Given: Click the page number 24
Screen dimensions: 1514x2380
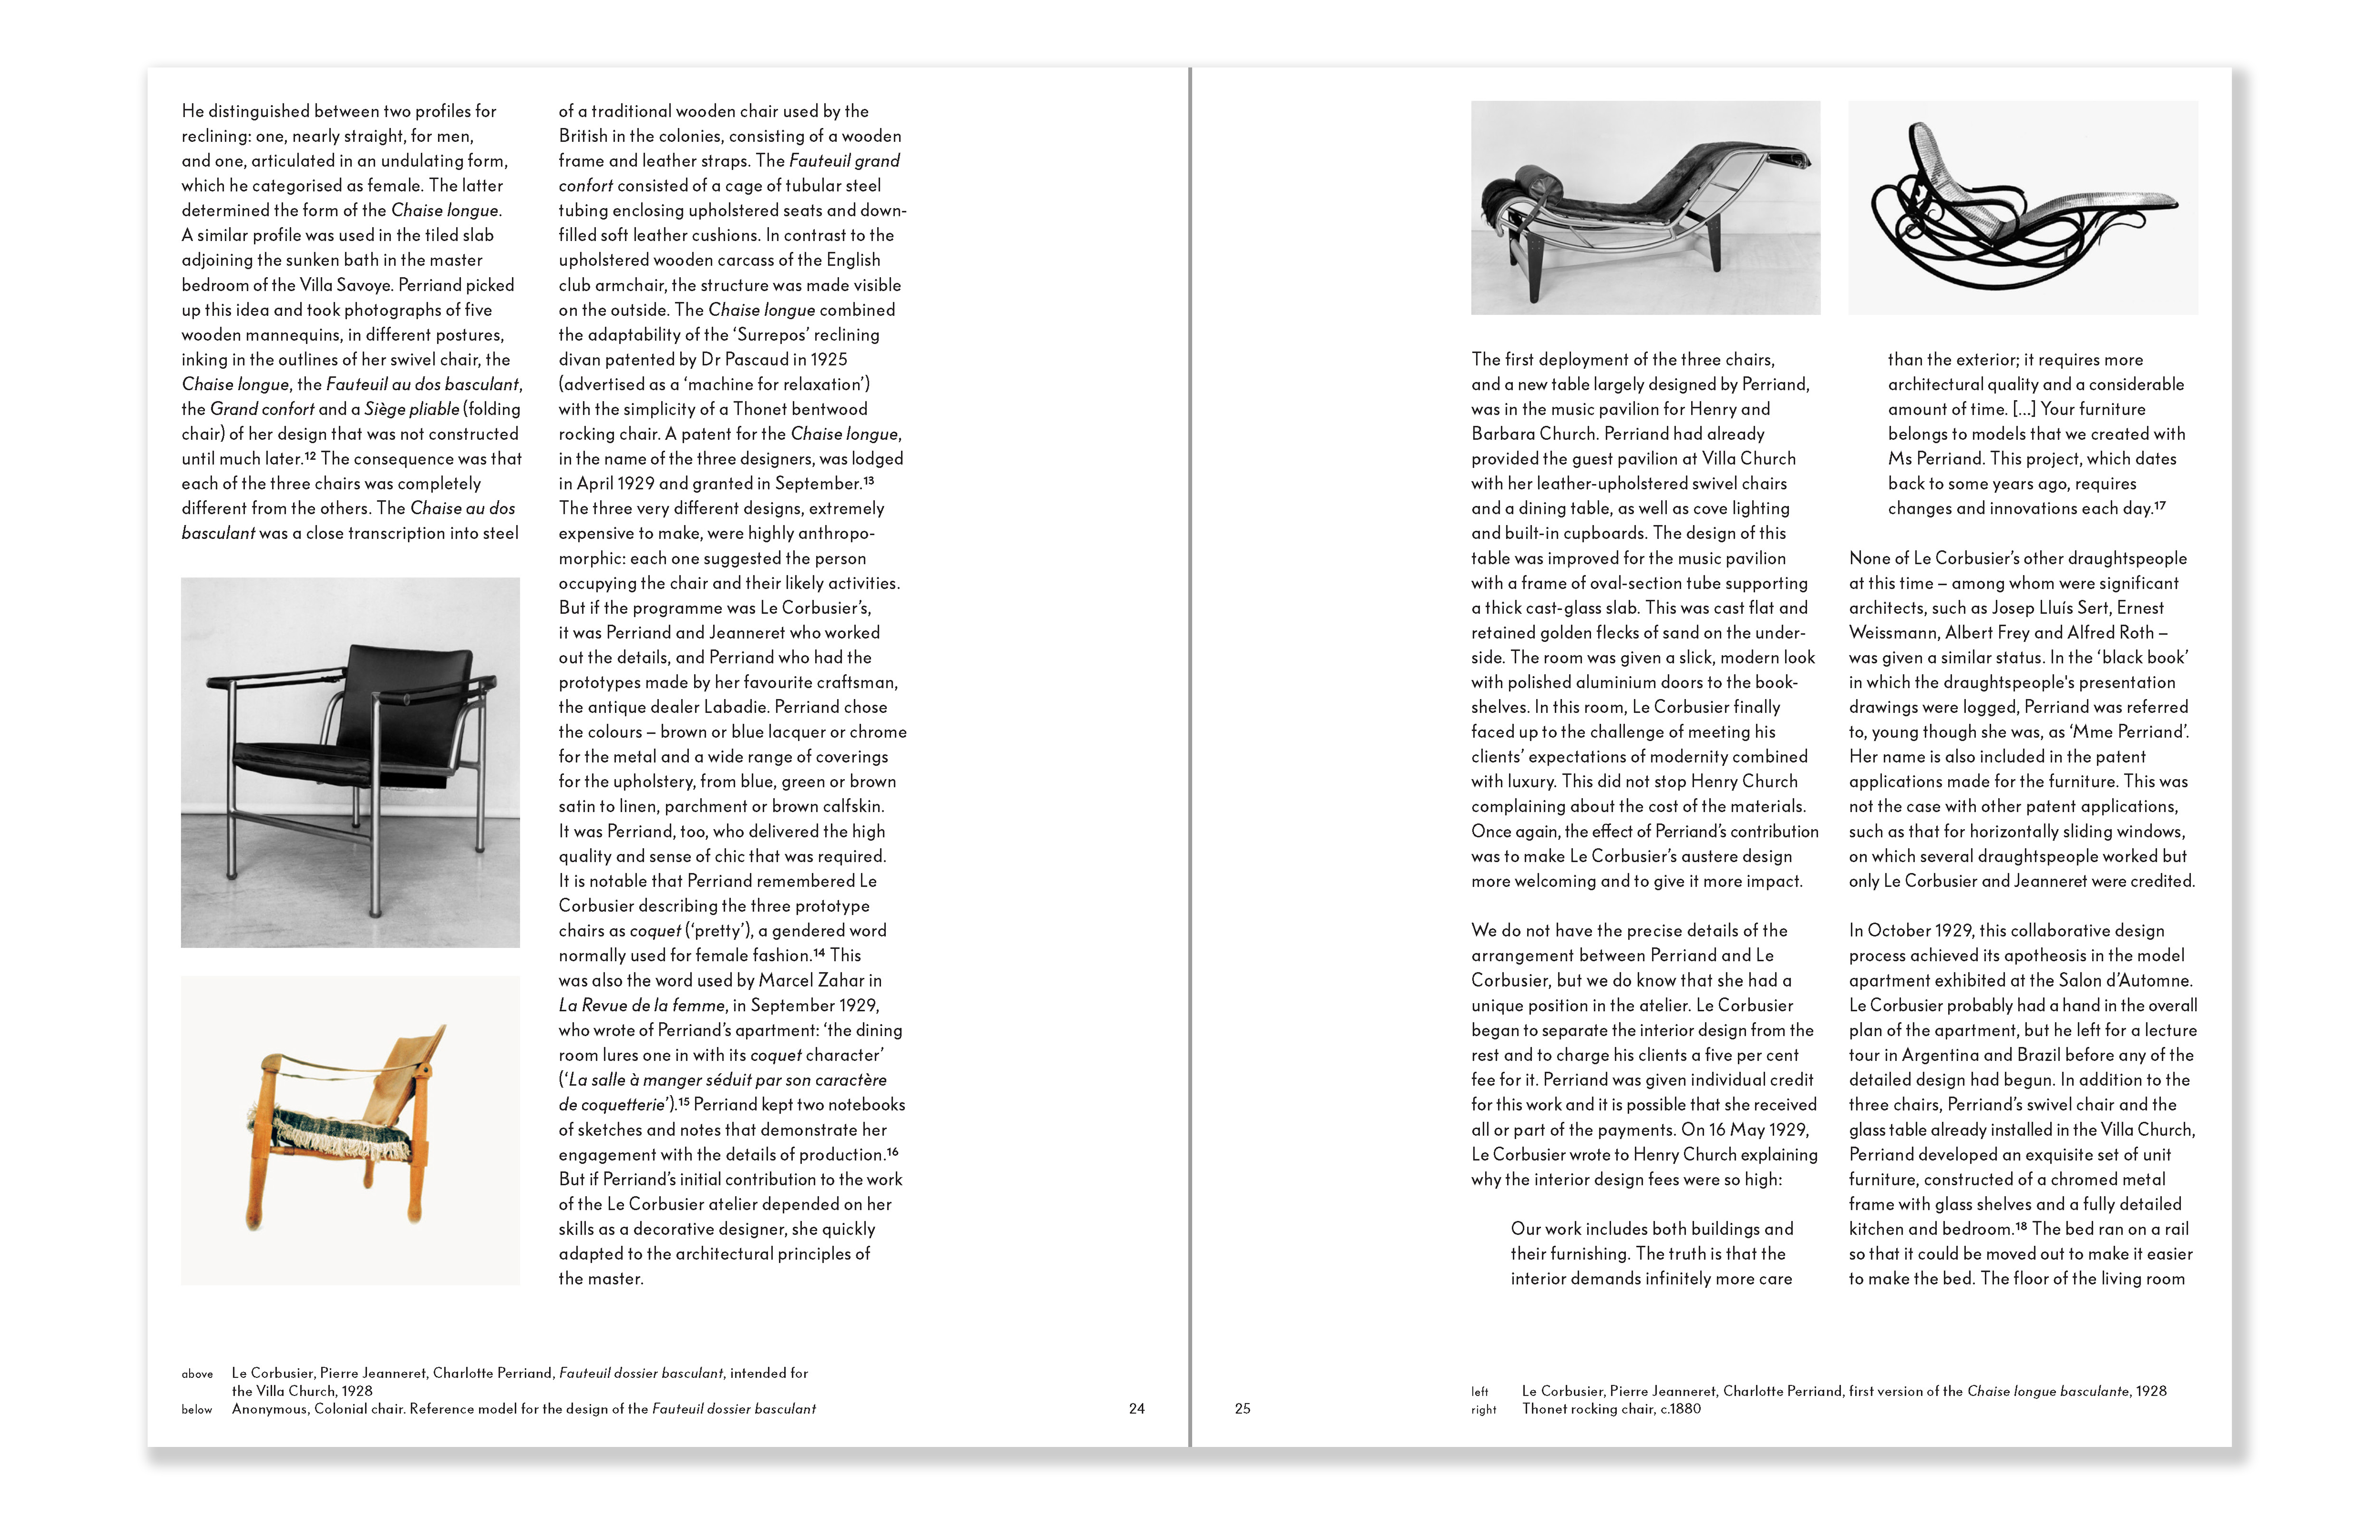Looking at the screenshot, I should [1137, 1408].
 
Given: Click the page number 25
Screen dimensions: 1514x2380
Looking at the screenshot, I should [1242, 1408].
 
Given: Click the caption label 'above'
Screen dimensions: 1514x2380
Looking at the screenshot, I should [197, 1374].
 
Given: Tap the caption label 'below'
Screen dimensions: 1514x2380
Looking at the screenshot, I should [197, 1409].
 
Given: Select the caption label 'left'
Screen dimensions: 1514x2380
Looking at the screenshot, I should [1479, 1392].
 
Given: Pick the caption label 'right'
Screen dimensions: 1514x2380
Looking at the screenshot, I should [1483, 1409].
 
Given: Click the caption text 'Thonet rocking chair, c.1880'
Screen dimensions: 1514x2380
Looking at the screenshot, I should [1611, 1408].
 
